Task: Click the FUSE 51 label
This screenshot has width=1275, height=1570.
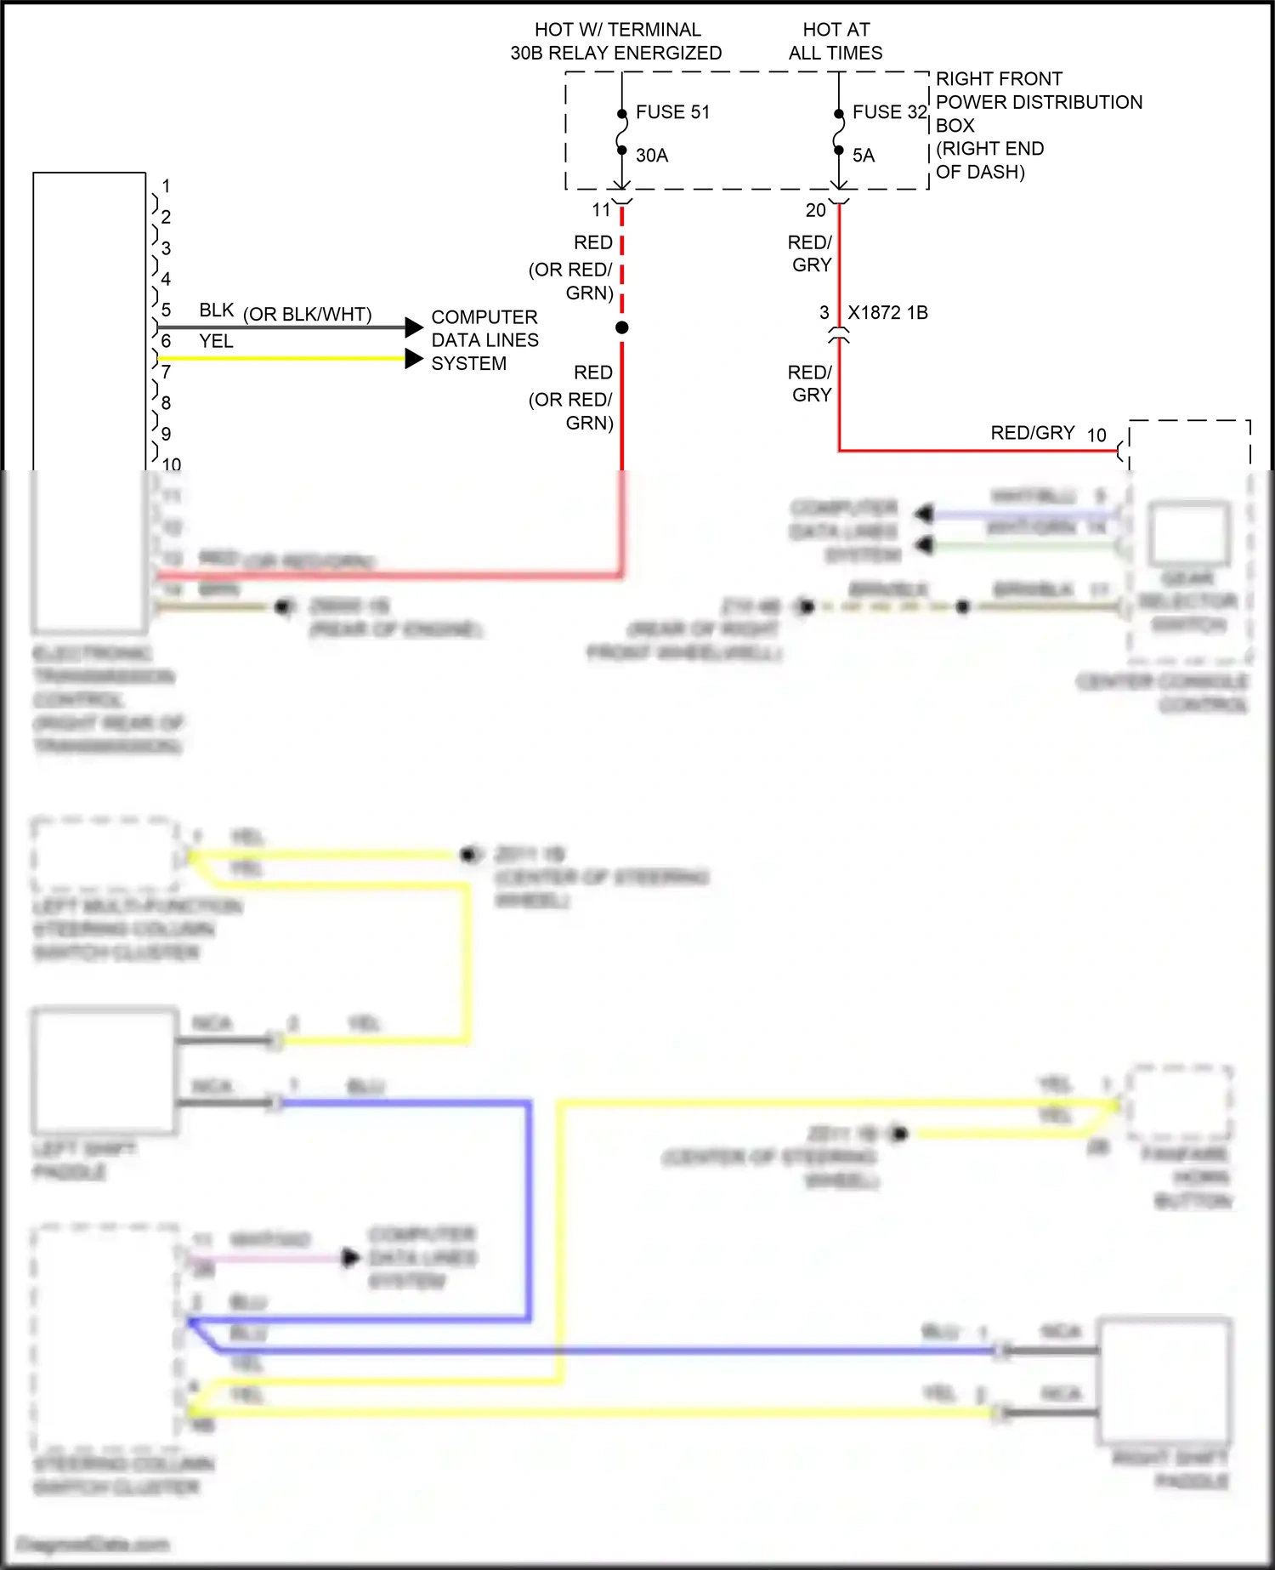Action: (671, 112)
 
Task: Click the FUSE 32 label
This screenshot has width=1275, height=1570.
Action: (889, 112)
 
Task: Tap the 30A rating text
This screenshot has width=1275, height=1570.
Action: (652, 156)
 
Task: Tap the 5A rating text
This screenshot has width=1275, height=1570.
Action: (864, 156)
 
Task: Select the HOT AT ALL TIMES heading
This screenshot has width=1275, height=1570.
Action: (836, 41)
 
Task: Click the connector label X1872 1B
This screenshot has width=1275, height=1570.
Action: (887, 313)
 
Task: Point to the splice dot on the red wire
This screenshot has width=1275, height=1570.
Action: (622, 327)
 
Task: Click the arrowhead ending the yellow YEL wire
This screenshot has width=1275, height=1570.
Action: (414, 359)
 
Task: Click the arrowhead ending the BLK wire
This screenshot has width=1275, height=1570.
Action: (414, 327)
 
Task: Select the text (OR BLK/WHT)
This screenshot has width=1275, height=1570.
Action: (307, 315)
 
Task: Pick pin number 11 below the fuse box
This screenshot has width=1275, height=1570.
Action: (602, 210)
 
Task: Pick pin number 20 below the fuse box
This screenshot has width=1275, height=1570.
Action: (816, 210)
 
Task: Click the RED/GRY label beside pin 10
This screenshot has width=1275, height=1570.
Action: (1033, 433)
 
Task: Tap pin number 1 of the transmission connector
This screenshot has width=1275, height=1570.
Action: (166, 185)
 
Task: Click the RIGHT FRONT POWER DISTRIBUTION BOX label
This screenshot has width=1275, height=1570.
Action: (1038, 125)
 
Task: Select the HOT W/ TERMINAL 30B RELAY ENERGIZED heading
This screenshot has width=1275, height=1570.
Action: (616, 41)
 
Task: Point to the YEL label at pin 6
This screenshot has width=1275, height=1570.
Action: (216, 341)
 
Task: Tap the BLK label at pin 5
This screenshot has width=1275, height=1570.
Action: (216, 310)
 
